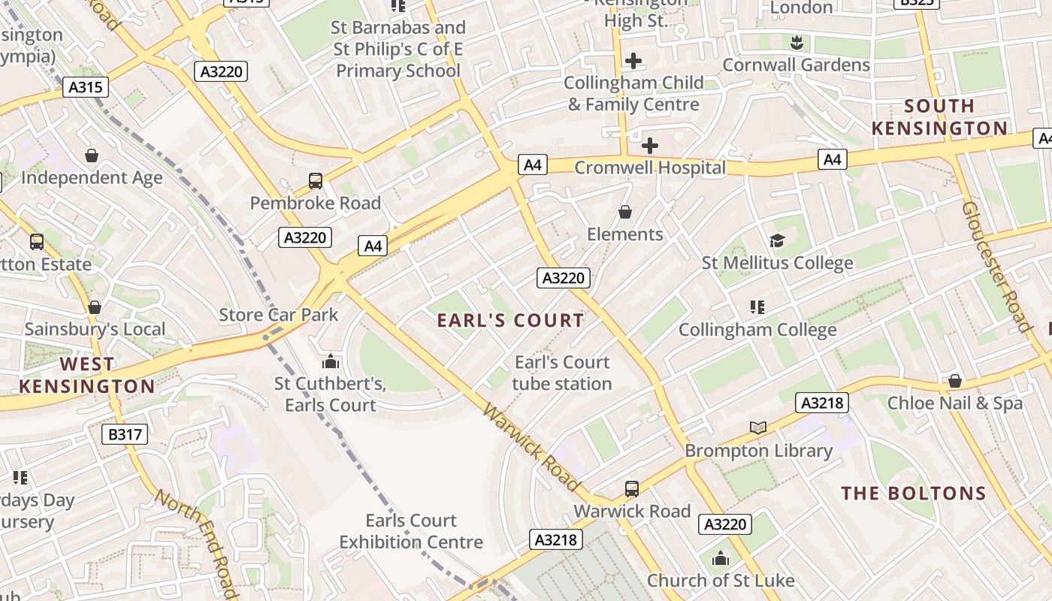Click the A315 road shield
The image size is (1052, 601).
(85, 87)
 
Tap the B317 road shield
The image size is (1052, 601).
(125, 433)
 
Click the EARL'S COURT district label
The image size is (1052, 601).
(510, 321)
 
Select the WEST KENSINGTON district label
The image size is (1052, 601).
(86, 376)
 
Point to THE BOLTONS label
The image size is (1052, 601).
(913, 494)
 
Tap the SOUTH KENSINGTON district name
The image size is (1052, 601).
(939, 117)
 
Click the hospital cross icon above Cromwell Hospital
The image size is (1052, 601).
(650, 145)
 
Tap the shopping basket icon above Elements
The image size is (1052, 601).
(624, 213)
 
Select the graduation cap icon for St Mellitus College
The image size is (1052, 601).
(777, 240)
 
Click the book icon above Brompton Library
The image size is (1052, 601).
(758, 427)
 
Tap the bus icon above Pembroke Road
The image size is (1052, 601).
(316, 181)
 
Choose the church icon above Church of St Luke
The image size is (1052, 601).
(720, 558)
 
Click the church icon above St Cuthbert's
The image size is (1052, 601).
(329, 361)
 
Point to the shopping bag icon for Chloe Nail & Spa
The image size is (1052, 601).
(954, 381)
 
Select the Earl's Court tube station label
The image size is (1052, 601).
(562, 373)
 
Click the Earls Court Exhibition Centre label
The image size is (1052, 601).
(411, 531)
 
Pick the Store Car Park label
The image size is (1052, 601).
(279, 315)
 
